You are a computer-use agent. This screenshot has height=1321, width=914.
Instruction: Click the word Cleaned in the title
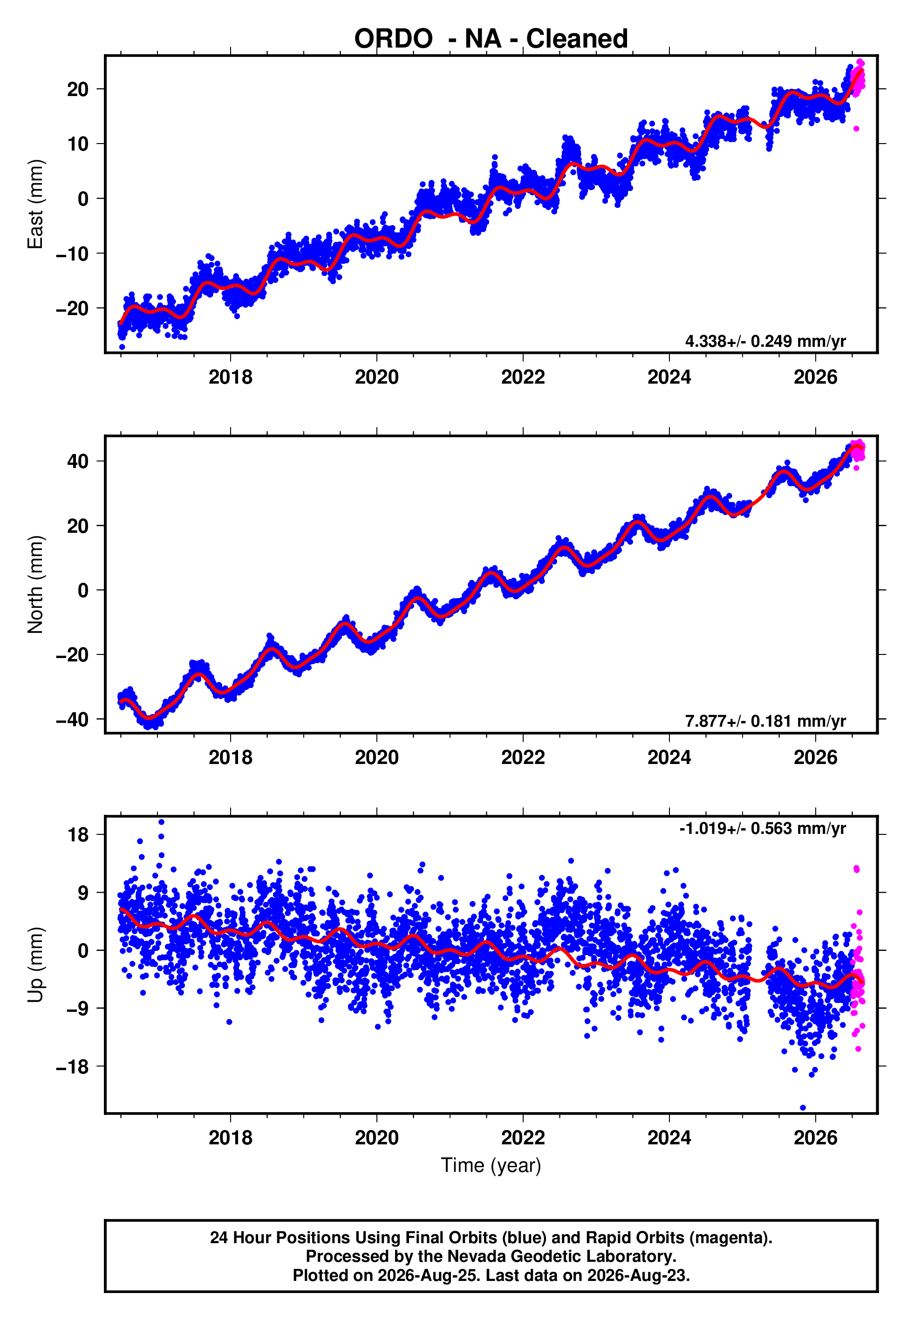[x=577, y=39]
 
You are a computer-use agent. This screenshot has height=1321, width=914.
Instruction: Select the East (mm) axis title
[x=35, y=204]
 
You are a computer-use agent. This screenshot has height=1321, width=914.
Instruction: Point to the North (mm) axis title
[x=35, y=585]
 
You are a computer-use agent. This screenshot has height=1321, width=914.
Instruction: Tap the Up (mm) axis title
[x=35, y=965]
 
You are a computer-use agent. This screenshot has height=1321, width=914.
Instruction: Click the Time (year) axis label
[x=491, y=1166]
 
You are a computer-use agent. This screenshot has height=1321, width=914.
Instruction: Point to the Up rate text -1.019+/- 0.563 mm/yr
[x=762, y=828]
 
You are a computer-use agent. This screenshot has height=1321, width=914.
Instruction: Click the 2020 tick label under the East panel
[x=376, y=377]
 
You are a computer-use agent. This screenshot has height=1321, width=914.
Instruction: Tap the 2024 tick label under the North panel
[x=669, y=757]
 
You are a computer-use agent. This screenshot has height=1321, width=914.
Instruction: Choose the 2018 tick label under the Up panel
[x=230, y=1138]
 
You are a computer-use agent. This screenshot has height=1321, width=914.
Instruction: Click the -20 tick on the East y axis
[x=72, y=308]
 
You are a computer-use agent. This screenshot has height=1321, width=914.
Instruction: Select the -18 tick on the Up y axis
[x=72, y=1066]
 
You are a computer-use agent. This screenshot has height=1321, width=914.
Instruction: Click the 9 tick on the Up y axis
[x=83, y=893]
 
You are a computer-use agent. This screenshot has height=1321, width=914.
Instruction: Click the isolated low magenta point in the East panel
[x=856, y=129]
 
